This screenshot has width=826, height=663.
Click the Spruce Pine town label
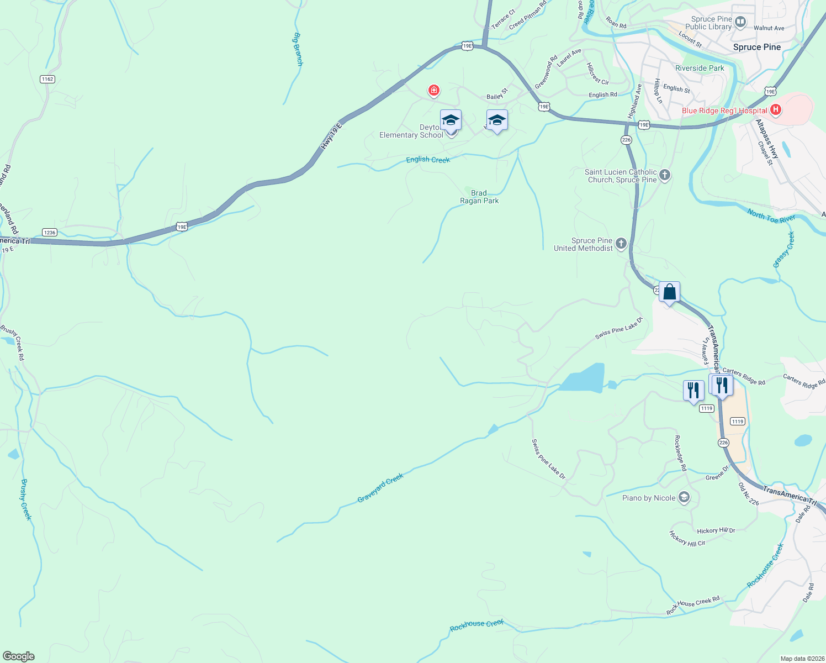tap(756, 48)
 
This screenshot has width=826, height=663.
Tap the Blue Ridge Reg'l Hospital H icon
tap(775, 110)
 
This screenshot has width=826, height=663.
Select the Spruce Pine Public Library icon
tap(740, 23)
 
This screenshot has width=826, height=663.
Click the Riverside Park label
tap(700, 69)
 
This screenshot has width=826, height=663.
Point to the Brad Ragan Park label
tap(479, 197)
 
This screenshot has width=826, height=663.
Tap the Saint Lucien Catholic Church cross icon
tap(665, 176)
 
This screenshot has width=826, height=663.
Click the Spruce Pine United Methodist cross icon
tap(621, 244)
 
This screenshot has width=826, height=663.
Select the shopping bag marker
tap(669, 292)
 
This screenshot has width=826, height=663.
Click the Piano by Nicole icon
tap(684, 498)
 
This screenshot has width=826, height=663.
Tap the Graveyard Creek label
tap(380, 488)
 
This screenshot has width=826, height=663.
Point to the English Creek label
tap(428, 160)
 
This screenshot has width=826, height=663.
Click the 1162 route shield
tap(47, 79)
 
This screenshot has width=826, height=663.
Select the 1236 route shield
tap(50, 233)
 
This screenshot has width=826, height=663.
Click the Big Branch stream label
tap(298, 49)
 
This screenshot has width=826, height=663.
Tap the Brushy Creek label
tap(26, 499)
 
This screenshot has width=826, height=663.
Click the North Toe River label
tap(771, 216)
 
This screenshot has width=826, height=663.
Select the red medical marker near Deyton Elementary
tap(434, 90)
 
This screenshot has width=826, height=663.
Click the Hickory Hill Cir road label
tap(687, 539)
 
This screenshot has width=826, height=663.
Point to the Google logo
tap(19, 656)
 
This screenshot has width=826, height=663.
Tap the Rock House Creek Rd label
tap(693, 606)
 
